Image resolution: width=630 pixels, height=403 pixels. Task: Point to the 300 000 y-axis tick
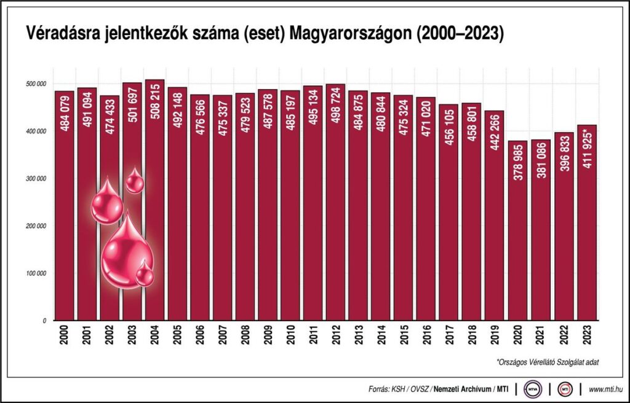(x=37, y=179)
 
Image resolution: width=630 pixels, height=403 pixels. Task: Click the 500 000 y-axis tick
(x=37, y=84)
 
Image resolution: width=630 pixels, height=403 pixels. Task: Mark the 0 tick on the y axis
(x=44, y=321)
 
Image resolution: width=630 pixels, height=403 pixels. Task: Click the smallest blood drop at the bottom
(x=145, y=274)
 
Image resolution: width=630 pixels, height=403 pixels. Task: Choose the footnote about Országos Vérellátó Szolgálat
(x=547, y=362)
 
